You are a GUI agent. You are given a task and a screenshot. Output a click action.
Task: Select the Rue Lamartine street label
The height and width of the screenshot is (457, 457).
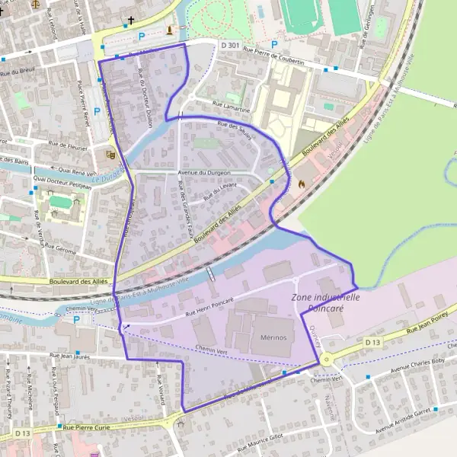[229, 109]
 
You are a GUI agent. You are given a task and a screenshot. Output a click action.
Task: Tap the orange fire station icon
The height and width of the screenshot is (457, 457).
[302, 184]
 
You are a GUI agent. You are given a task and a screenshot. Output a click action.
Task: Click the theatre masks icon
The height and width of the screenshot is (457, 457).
[110, 154]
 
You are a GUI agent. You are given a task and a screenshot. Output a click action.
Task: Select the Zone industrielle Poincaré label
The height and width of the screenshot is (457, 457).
[325, 302]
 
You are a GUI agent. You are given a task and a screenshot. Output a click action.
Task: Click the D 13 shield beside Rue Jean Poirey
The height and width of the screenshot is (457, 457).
[372, 344]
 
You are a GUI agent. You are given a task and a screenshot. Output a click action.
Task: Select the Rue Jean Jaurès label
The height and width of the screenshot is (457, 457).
[75, 355]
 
